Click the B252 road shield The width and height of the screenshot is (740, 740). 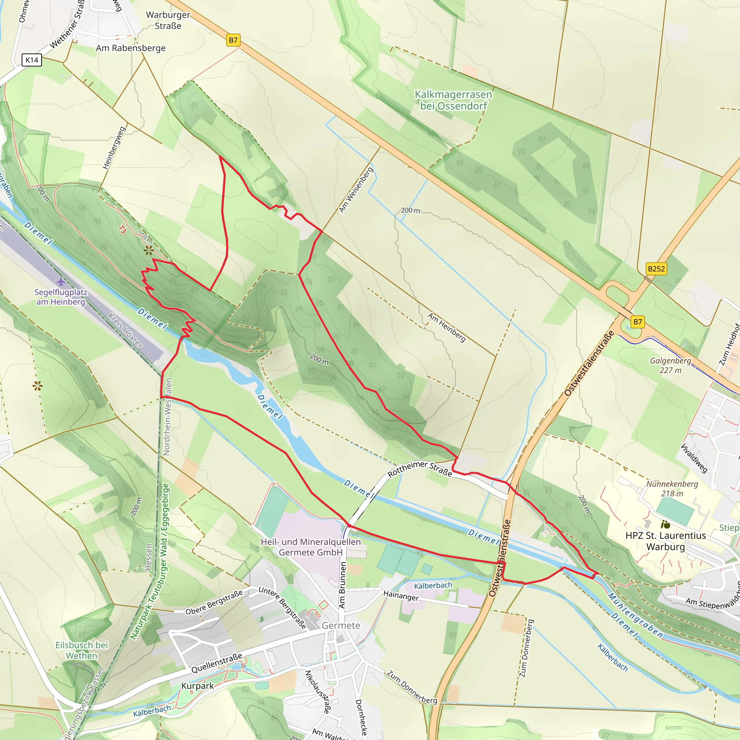tap(656, 269)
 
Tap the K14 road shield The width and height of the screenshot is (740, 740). tap(32, 60)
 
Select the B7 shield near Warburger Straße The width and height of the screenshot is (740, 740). tap(233, 40)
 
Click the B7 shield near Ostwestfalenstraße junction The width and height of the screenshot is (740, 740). tap(637, 322)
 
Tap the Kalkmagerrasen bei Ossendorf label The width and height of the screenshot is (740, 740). tap(453, 100)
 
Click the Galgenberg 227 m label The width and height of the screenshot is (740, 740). tap(670, 365)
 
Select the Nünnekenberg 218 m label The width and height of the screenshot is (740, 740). tap(672, 489)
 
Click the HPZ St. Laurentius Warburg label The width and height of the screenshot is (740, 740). tap(666, 541)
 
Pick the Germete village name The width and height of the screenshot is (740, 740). tap(341, 625)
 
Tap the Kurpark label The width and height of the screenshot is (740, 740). tap(198, 685)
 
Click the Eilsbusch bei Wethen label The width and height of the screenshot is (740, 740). tap(82, 650)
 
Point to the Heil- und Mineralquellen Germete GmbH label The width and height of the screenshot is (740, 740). tap(311, 547)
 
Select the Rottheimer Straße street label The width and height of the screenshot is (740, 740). tap(420, 469)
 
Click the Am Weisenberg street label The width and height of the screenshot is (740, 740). tap(356, 190)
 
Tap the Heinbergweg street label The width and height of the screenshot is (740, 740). tap(114, 148)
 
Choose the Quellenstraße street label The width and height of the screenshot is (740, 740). tap(217, 663)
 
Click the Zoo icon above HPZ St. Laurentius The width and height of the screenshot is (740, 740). tap(665, 524)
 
